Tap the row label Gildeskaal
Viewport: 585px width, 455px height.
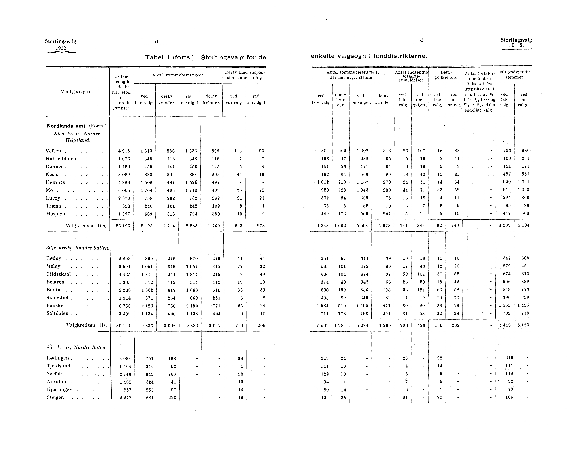click(x=59, y=274)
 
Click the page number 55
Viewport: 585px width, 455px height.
click(x=421, y=40)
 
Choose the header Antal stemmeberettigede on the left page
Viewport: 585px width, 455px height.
click(x=178, y=75)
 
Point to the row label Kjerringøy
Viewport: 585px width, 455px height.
click(x=59, y=390)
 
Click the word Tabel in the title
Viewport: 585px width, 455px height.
click(x=154, y=57)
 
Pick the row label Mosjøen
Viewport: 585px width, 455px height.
click(x=56, y=214)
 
